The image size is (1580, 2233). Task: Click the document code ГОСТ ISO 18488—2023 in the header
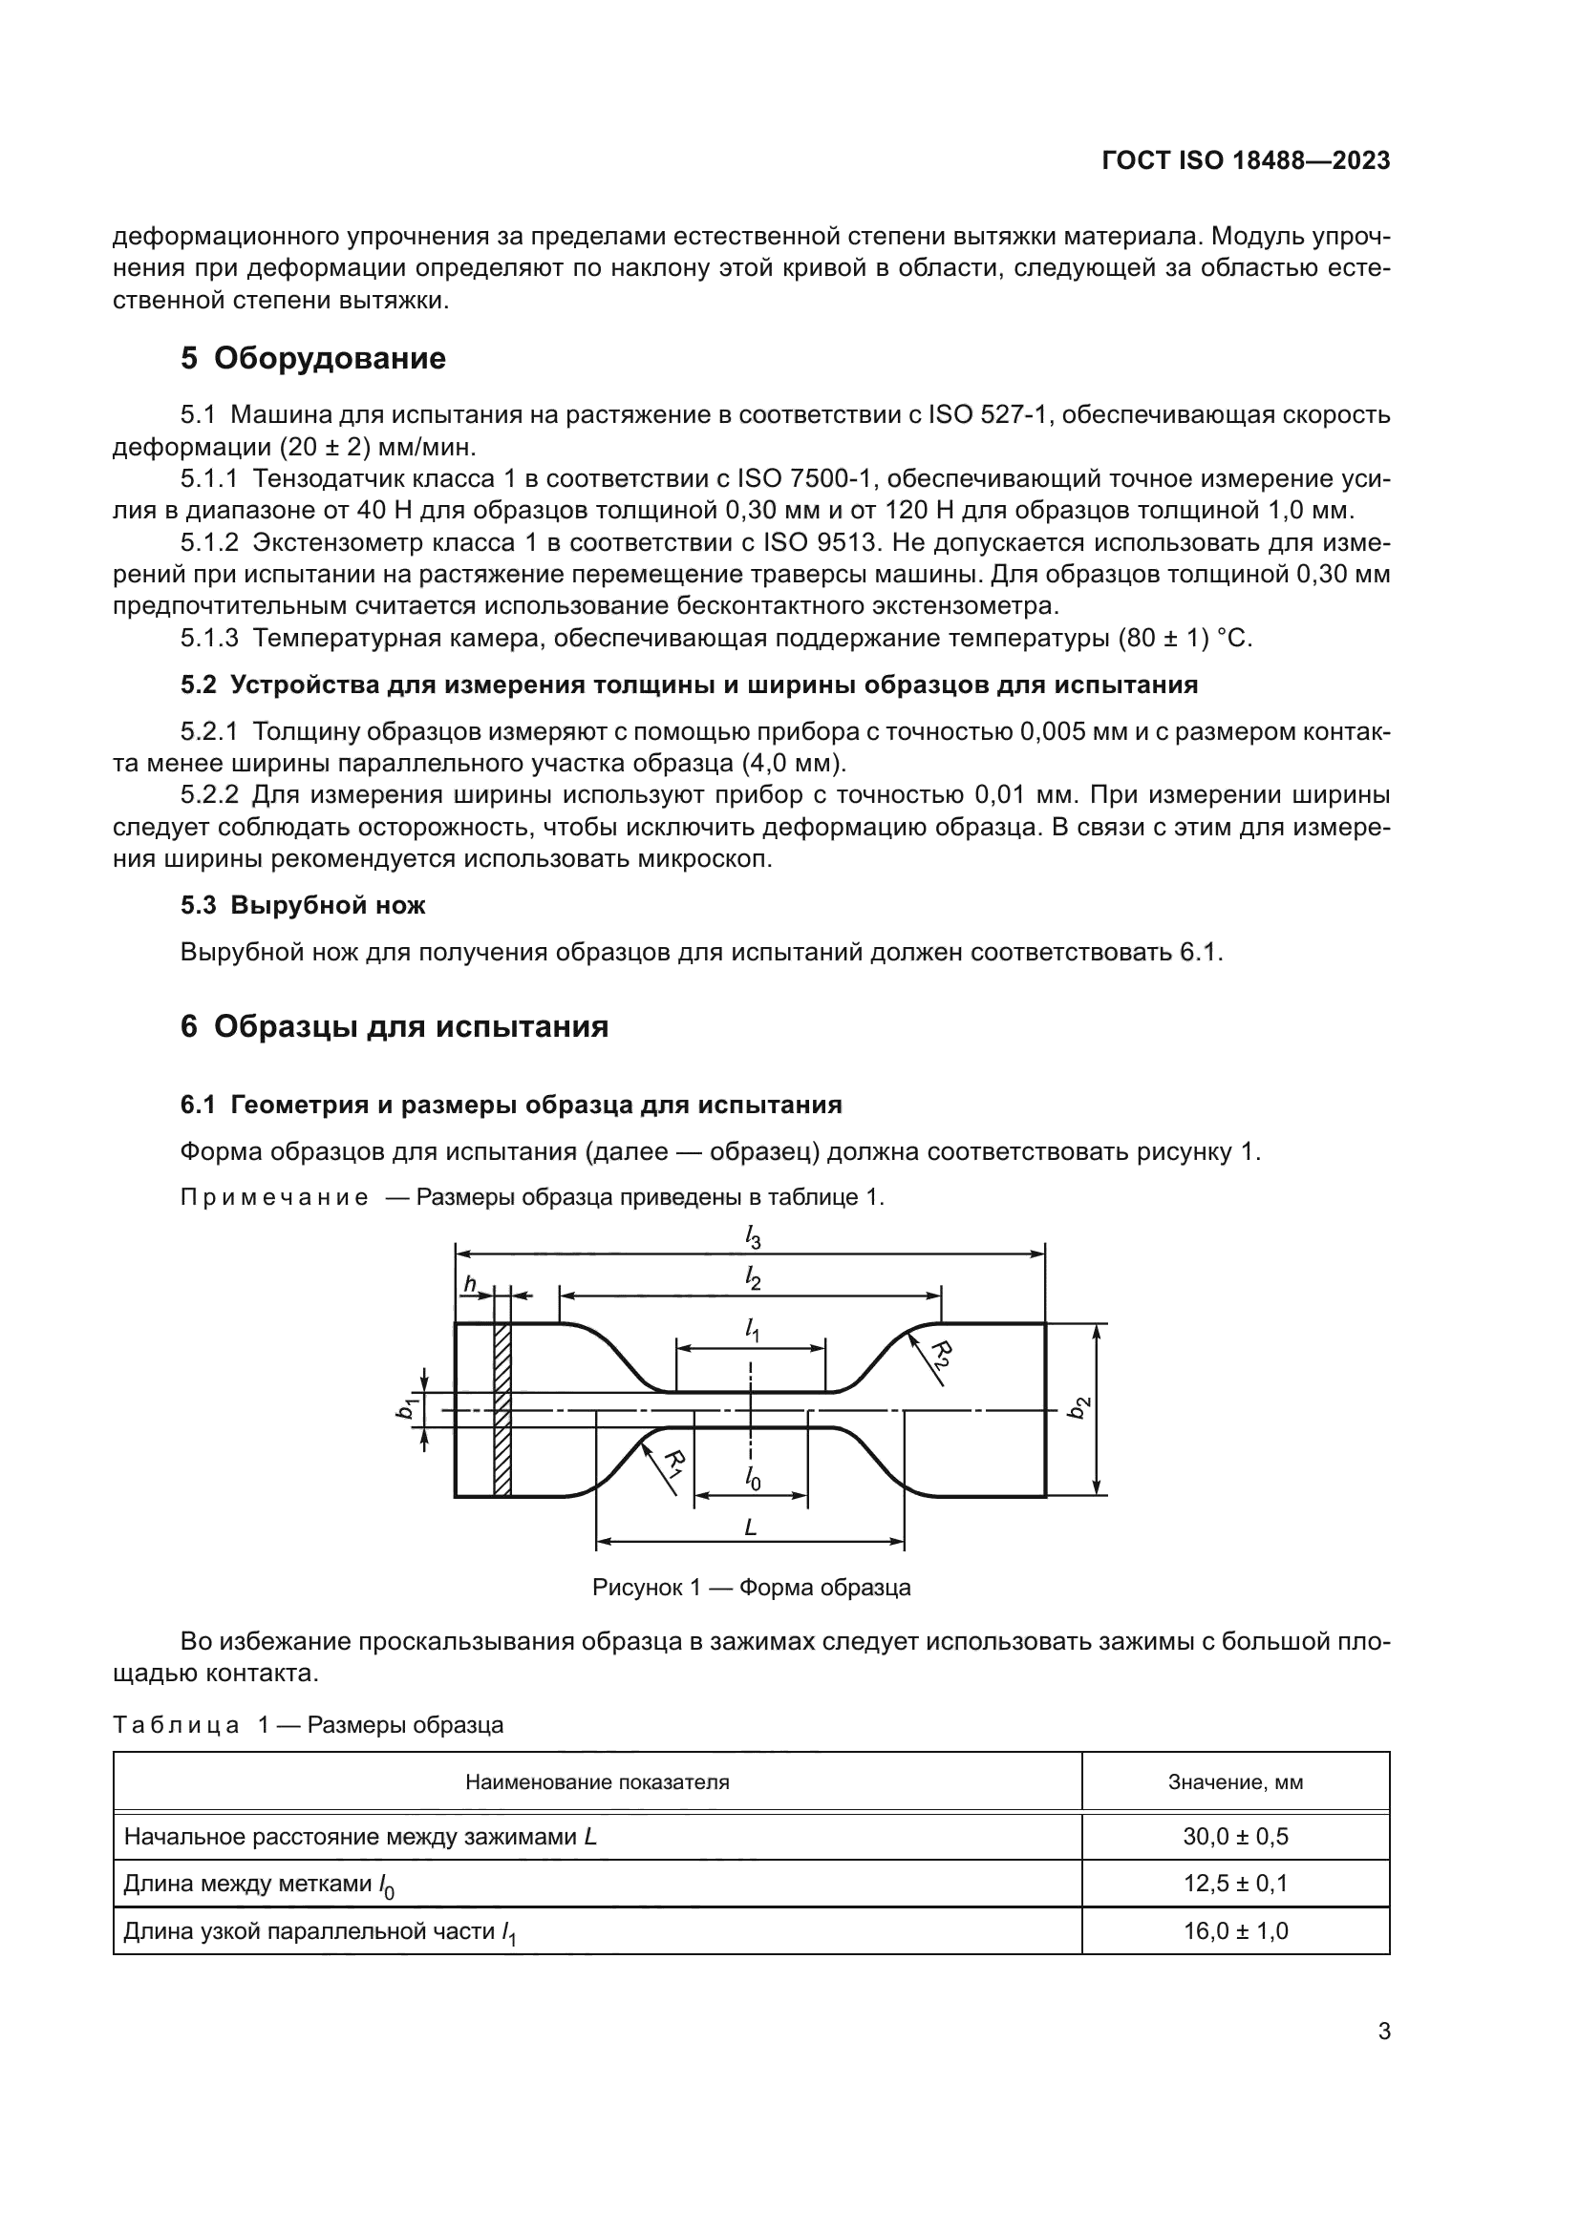tap(1246, 160)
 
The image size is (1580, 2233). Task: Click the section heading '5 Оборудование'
tap(312, 358)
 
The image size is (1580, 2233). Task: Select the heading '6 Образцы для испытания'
tap(394, 1026)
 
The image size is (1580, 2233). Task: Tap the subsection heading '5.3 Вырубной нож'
tap(303, 905)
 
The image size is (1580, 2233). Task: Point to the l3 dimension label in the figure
tap(752, 1237)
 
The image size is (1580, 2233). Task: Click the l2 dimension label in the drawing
tap(752, 1279)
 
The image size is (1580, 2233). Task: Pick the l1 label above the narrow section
tap(752, 1330)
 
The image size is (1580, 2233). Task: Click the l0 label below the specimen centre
tap(752, 1478)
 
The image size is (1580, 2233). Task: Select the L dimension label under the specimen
tap(750, 1527)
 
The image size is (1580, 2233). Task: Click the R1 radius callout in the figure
tap(673, 1462)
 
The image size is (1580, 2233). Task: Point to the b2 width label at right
tap(1078, 1407)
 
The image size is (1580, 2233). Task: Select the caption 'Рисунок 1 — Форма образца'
tap(751, 1589)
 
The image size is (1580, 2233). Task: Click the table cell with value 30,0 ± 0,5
tap(1234, 1836)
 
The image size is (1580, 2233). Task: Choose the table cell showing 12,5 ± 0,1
tap(1234, 1883)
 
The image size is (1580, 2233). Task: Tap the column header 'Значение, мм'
tap(1234, 1782)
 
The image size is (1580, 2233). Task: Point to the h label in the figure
tap(469, 1285)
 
